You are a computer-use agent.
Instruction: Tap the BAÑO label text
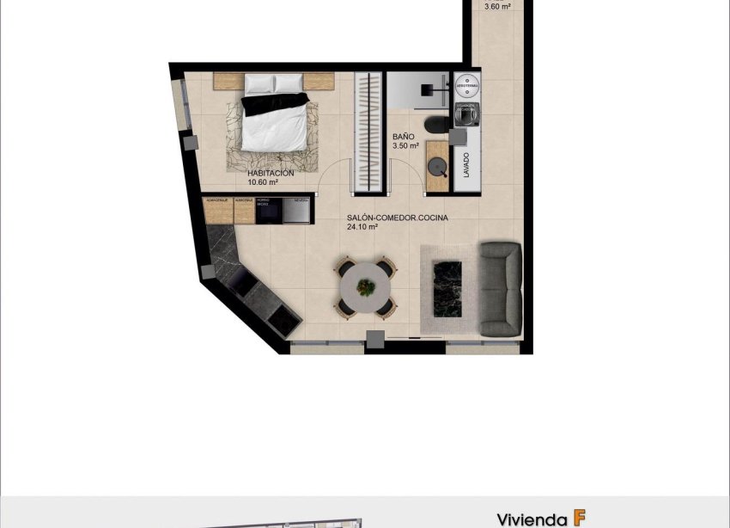coord(404,137)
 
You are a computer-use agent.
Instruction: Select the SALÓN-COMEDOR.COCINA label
coord(398,218)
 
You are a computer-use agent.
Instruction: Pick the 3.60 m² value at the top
coord(498,6)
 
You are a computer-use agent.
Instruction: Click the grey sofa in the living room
coord(500,289)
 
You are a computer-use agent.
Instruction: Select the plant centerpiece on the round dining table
coord(367,287)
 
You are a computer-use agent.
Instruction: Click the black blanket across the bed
coord(274,103)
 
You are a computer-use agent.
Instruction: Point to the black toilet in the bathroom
coord(437,126)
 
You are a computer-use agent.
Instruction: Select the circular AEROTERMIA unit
coord(467,85)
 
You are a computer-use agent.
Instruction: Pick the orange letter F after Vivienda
coord(580,518)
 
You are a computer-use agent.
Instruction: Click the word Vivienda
coord(531,519)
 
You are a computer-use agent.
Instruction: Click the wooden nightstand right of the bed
coord(318,82)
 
